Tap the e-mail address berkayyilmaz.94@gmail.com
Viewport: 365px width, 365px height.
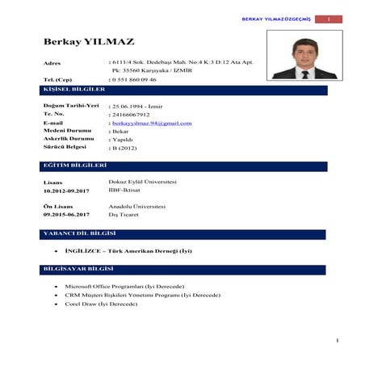point(153,123)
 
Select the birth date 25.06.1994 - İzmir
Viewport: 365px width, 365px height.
point(138,106)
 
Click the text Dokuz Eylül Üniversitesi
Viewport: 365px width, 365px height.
point(142,182)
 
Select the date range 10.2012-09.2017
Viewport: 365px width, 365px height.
point(66,191)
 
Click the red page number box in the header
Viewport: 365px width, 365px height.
point(329,19)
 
